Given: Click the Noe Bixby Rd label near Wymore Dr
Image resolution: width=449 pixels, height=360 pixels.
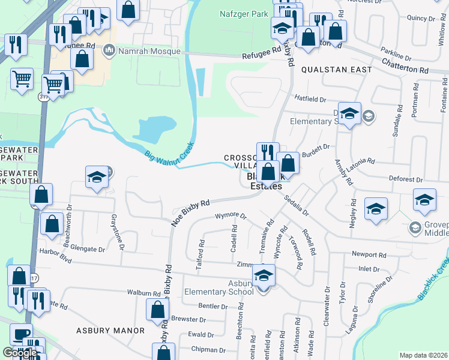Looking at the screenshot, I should tap(191, 207).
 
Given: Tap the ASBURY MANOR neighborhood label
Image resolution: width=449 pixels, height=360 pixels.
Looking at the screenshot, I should tap(110, 331).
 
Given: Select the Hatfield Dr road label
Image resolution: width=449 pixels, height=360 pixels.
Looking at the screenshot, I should tap(310, 98).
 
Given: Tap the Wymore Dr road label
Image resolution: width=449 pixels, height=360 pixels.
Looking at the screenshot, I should tap(231, 215).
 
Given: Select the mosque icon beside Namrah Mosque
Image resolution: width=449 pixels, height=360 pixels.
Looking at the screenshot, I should tap(109, 50).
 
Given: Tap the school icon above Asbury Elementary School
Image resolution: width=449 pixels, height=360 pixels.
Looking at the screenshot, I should tap(262, 275).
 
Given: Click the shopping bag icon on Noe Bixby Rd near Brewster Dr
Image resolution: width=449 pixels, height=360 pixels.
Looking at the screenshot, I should tap(157, 310).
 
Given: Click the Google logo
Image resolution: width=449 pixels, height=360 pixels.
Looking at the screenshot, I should tap(20, 353).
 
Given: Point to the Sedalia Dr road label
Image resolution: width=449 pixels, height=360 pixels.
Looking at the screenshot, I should tap(297, 205).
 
